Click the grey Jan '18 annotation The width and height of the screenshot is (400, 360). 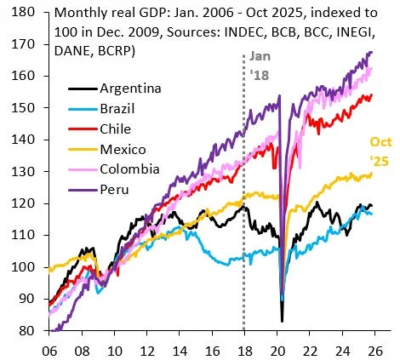(260, 65)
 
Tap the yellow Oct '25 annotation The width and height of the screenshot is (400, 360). (380, 151)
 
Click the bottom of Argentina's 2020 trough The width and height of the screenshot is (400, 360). (283, 321)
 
